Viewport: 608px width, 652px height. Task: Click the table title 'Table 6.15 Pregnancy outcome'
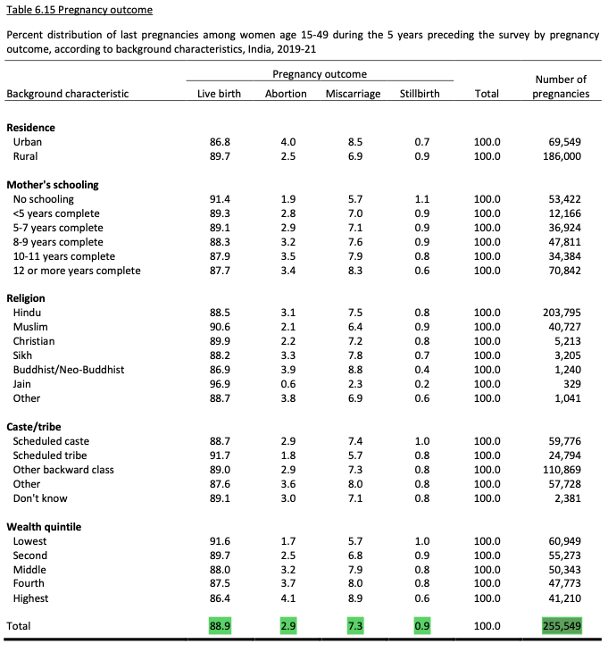coord(79,10)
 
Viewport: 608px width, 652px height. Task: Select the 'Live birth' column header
coord(219,94)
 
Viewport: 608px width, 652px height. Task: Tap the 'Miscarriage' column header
coord(353,94)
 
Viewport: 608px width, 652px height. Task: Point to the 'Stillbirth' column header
coord(420,94)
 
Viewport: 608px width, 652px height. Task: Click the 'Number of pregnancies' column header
coord(561,87)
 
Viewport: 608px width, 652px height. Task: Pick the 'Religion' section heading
coord(26,298)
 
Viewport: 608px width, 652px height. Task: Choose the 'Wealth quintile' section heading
coord(44,527)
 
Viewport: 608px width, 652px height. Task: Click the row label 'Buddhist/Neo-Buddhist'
coord(69,370)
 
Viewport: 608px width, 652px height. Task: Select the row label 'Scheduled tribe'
coord(50,456)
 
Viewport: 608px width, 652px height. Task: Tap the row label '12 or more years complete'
coord(77,271)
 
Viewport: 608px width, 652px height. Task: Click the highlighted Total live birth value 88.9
coord(219,626)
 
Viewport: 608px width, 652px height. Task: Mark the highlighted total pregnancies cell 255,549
coord(561,626)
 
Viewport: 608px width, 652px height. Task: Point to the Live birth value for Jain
coord(219,384)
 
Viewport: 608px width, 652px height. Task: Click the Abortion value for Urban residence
coord(287,142)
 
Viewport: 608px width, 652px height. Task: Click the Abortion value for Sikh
coord(287,355)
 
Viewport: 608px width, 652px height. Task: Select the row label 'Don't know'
coord(40,498)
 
